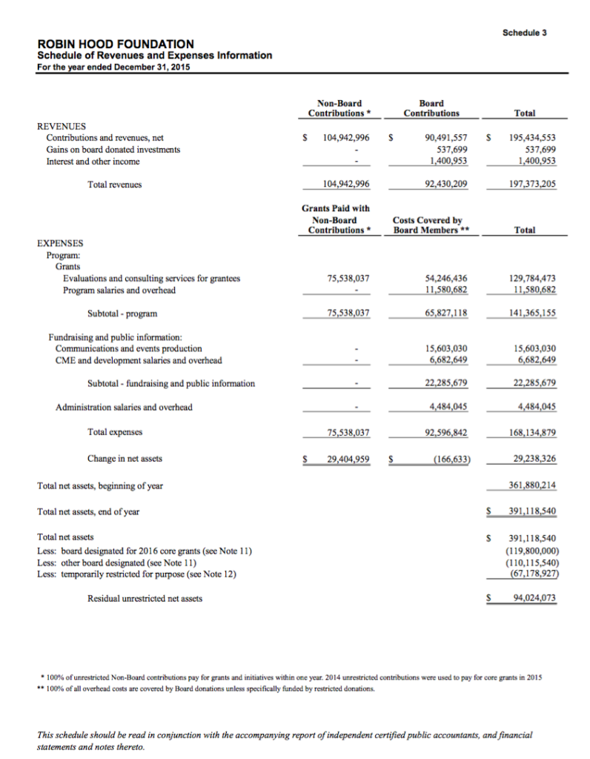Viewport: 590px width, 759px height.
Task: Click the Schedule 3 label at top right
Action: click(524, 33)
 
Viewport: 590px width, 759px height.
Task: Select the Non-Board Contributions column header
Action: click(339, 108)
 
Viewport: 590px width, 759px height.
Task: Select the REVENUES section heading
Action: click(62, 126)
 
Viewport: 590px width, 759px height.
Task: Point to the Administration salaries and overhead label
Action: click(124, 407)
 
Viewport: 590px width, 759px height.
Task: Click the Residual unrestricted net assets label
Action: click(145, 598)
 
